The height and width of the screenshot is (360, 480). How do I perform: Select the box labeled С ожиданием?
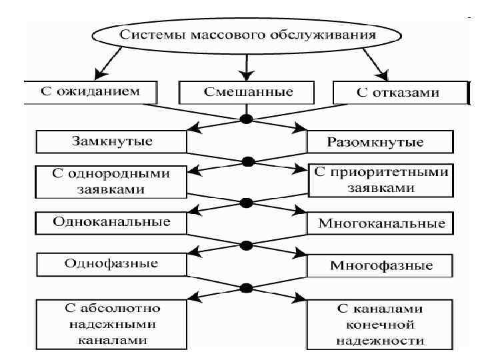pyautogui.click(x=91, y=92)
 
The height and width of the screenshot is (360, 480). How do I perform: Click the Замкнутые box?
pyautogui.click(x=111, y=141)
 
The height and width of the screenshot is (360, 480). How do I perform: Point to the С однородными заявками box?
pyautogui.click(x=111, y=181)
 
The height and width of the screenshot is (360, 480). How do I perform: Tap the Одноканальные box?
pyautogui.click(x=111, y=221)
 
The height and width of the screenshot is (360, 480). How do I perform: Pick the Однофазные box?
pyautogui.click(x=111, y=263)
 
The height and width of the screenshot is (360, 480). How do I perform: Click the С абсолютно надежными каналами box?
pyautogui.click(x=111, y=323)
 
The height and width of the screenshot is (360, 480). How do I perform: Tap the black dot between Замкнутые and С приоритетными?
pyautogui.click(x=248, y=161)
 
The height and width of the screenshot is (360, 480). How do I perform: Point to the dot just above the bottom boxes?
pyautogui.click(x=247, y=288)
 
